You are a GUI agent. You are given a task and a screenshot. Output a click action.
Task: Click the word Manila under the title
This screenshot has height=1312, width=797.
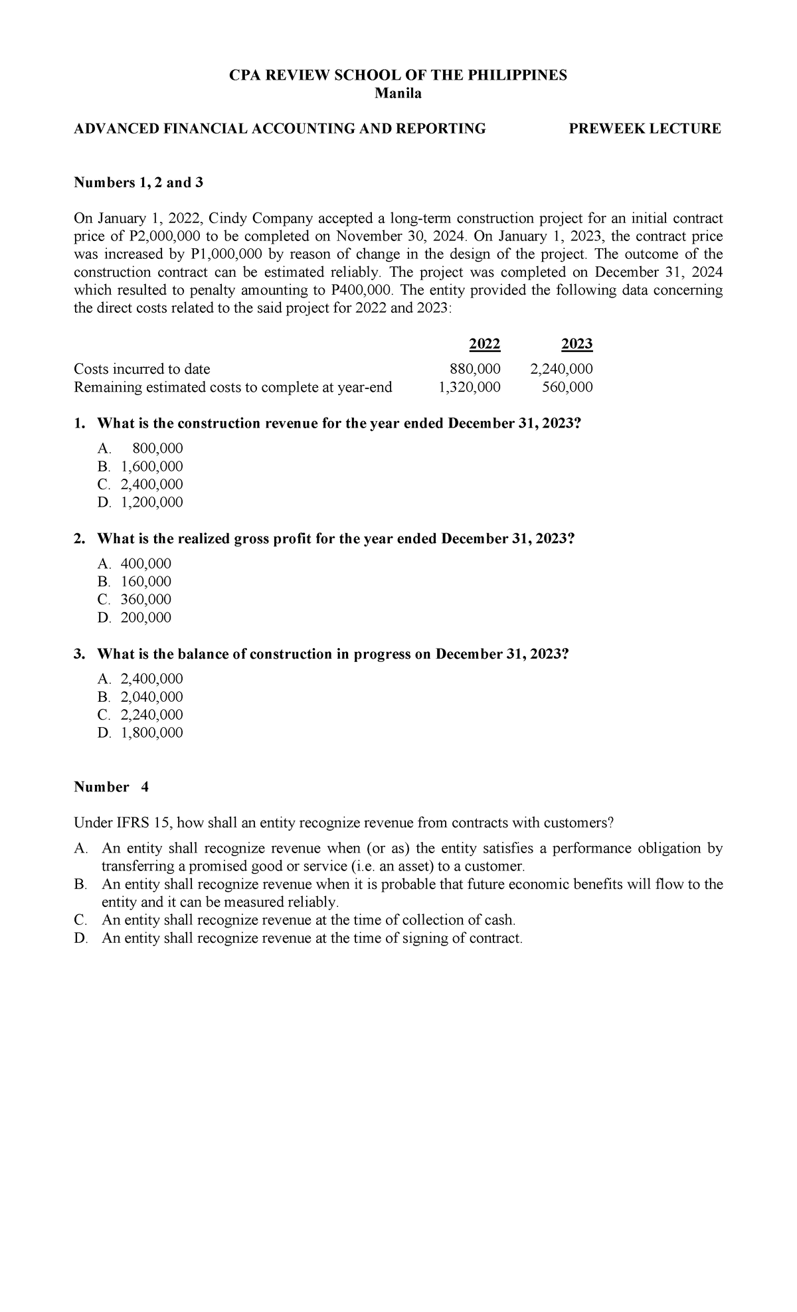(x=398, y=94)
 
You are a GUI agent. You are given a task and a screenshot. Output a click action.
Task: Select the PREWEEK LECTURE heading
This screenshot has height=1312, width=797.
(x=645, y=129)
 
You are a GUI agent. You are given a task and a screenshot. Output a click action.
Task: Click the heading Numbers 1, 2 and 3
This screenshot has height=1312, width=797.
(x=138, y=183)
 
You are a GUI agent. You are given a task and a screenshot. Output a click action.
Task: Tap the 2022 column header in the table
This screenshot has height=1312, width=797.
(x=485, y=344)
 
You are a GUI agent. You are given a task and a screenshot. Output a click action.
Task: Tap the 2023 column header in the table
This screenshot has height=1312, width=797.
(x=576, y=344)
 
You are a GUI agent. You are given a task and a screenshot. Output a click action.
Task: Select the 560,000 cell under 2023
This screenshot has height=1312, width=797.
(x=567, y=387)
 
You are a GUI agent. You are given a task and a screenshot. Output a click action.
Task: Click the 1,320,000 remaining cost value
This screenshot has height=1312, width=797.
(x=470, y=387)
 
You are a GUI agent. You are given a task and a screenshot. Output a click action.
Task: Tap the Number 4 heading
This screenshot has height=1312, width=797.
(x=111, y=787)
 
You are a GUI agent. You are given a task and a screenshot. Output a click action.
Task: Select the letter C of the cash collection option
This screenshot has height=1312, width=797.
(x=80, y=920)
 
